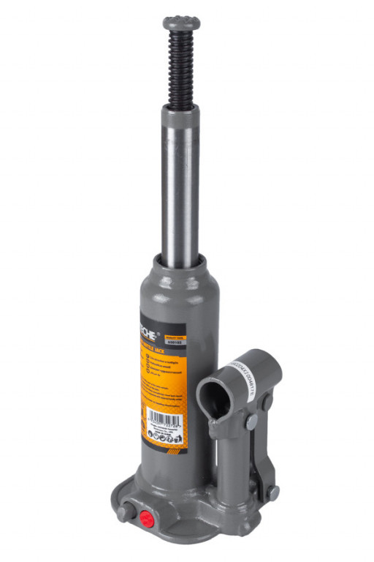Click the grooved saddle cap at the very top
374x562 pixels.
tap(183, 21)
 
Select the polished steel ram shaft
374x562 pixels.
tap(180, 190)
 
